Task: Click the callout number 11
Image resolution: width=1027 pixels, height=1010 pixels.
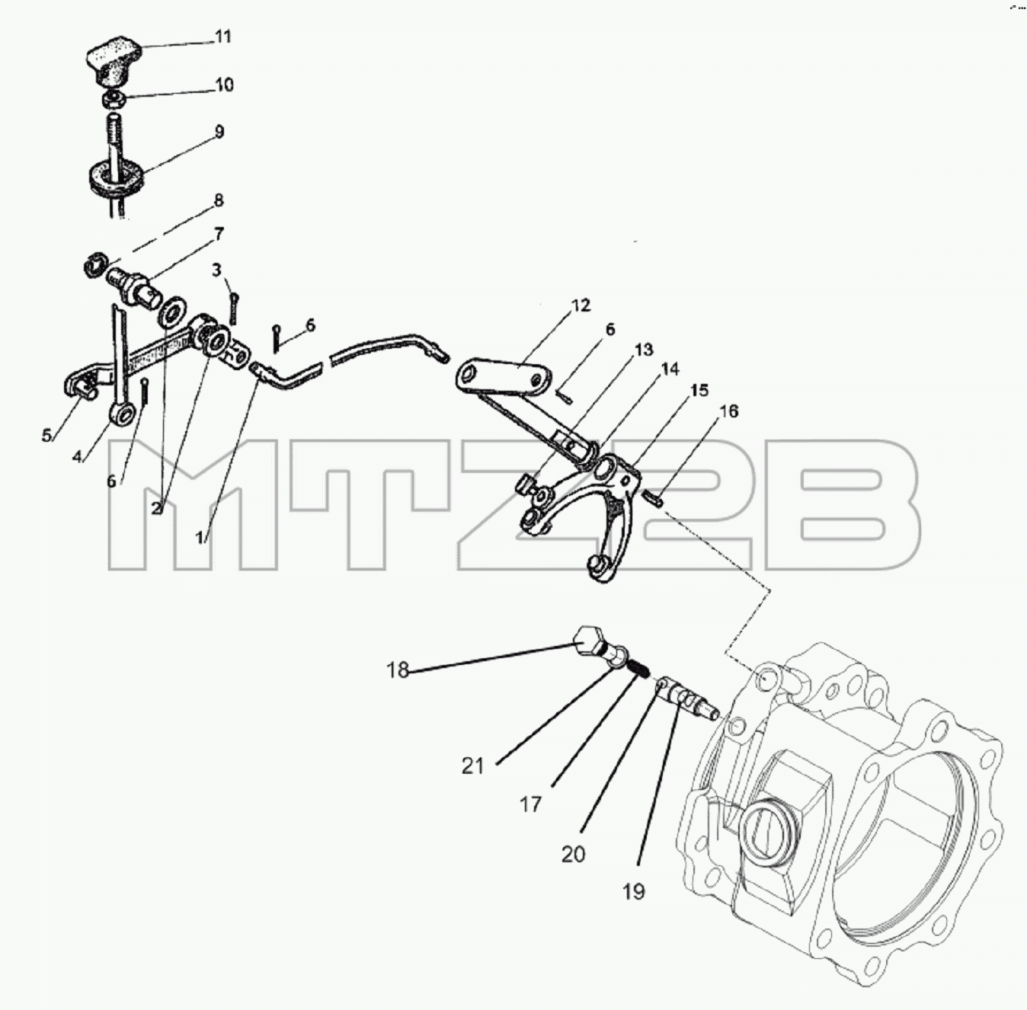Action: click(x=222, y=37)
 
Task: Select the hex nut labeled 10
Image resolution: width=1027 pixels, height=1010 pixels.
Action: click(x=114, y=98)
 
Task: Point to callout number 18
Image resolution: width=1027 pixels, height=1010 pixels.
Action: click(x=398, y=670)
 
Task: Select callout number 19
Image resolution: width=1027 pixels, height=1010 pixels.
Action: click(x=633, y=890)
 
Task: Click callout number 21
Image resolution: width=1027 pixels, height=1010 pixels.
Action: click(x=472, y=766)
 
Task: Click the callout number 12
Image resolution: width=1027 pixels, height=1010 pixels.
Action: click(x=581, y=305)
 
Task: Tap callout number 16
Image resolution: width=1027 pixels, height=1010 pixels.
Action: click(x=730, y=411)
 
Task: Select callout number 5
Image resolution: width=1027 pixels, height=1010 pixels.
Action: click(x=47, y=436)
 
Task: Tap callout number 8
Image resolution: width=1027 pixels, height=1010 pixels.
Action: click(x=218, y=200)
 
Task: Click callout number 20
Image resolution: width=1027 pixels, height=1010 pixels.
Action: click(x=573, y=854)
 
